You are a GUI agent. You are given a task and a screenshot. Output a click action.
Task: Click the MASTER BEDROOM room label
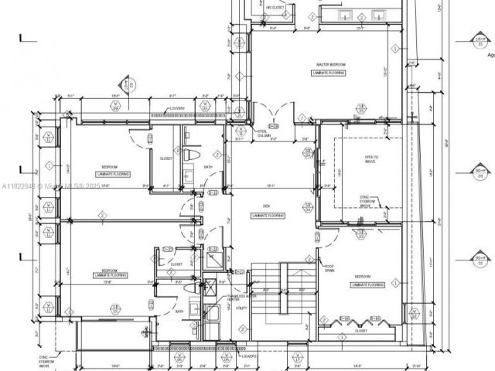click(329, 64)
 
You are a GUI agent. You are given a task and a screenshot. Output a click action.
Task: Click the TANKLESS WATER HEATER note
click(236, 298)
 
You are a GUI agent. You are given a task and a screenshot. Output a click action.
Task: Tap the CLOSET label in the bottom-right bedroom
click(360, 330)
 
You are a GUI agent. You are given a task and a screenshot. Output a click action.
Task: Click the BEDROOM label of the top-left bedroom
click(110, 167)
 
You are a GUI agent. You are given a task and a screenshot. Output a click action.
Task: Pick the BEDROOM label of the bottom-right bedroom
click(365, 277)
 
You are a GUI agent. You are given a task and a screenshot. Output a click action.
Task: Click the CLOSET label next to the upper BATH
click(166, 158)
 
